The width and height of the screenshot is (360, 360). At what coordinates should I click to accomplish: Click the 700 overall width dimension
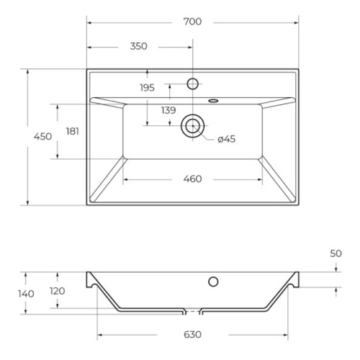[192, 22]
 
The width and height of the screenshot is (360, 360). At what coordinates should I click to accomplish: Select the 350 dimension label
[138, 46]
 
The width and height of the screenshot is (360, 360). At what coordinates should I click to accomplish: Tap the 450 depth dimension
[42, 137]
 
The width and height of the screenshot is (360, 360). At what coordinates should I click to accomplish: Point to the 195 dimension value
[147, 88]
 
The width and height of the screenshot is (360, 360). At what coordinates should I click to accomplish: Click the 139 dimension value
[168, 110]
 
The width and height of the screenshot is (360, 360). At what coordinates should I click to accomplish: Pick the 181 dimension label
[73, 131]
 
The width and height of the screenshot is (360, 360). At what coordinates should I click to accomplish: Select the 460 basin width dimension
[192, 179]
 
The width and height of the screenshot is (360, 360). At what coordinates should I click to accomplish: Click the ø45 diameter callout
[227, 139]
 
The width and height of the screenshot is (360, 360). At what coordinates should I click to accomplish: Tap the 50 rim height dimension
[336, 253]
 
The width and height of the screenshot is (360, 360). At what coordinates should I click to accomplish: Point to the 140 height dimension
[26, 294]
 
